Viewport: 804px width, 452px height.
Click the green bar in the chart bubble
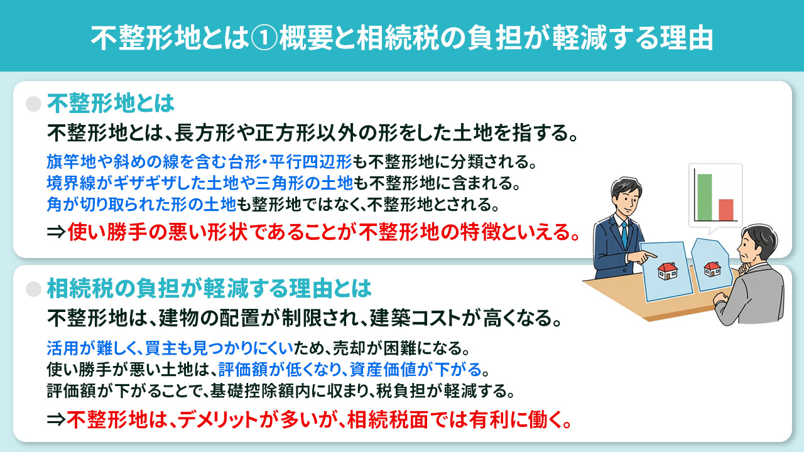(705, 197)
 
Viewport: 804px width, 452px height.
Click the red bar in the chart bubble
(726, 210)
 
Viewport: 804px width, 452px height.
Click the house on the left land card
(667, 270)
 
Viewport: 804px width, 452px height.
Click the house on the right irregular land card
(712, 269)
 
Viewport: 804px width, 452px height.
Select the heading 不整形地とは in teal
(110, 103)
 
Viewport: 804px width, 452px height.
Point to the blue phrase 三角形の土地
(314, 183)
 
